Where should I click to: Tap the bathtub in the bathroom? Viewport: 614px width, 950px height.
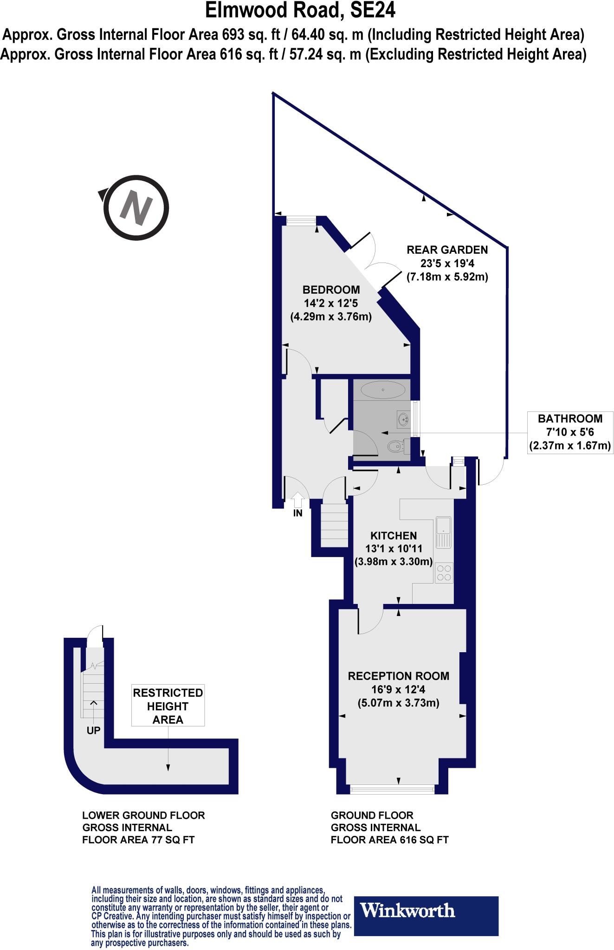pyautogui.click(x=383, y=390)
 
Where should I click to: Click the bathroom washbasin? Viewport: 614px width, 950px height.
pyautogui.click(x=403, y=419)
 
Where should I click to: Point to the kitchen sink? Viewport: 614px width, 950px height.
pyautogui.click(x=443, y=532)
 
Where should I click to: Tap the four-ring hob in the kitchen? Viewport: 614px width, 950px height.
pyautogui.click(x=444, y=572)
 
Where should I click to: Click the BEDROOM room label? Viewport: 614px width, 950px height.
pyautogui.click(x=331, y=290)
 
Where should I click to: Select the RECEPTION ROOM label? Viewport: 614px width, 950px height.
pyautogui.click(x=398, y=676)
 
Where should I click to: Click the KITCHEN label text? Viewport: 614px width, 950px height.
pyautogui.click(x=394, y=535)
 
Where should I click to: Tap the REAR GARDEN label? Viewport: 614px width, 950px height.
pyautogui.click(x=447, y=250)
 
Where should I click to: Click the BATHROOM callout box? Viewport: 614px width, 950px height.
pyautogui.click(x=569, y=432)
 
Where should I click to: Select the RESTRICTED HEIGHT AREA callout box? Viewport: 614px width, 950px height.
pyautogui.click(x=168, y=706)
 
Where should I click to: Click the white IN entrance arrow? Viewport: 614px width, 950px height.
pyautogui.click(x=297, y=499)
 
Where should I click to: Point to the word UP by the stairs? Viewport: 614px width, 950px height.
pyautogui.click(x=93, y=730)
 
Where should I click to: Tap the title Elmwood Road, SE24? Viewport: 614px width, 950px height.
pyautogui.click(x=300, y=10)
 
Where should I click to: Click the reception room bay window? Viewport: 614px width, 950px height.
pyautogui.click(x=392, y=788)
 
